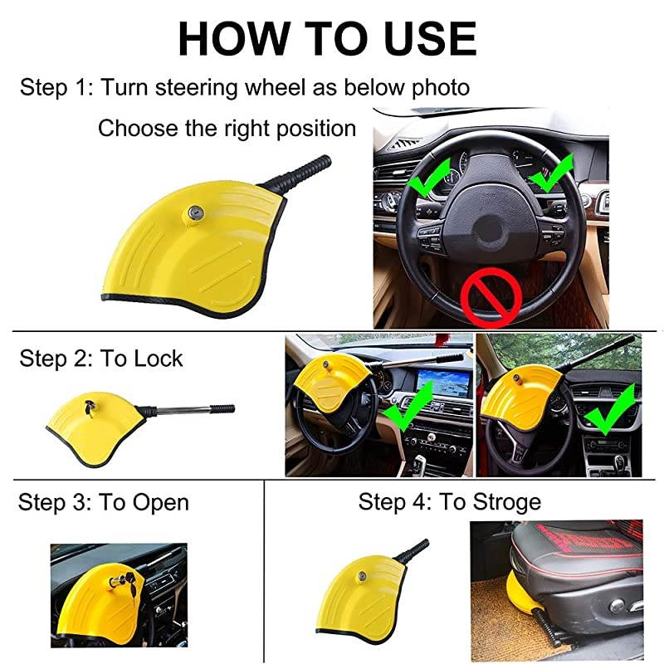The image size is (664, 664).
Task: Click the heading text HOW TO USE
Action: click(327, 38)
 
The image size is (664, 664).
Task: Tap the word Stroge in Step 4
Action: click(506, 501)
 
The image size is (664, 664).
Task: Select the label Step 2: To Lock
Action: click(100, 359)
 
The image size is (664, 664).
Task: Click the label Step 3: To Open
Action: click(103, 502)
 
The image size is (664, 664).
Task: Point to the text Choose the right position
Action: click(227, 129)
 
